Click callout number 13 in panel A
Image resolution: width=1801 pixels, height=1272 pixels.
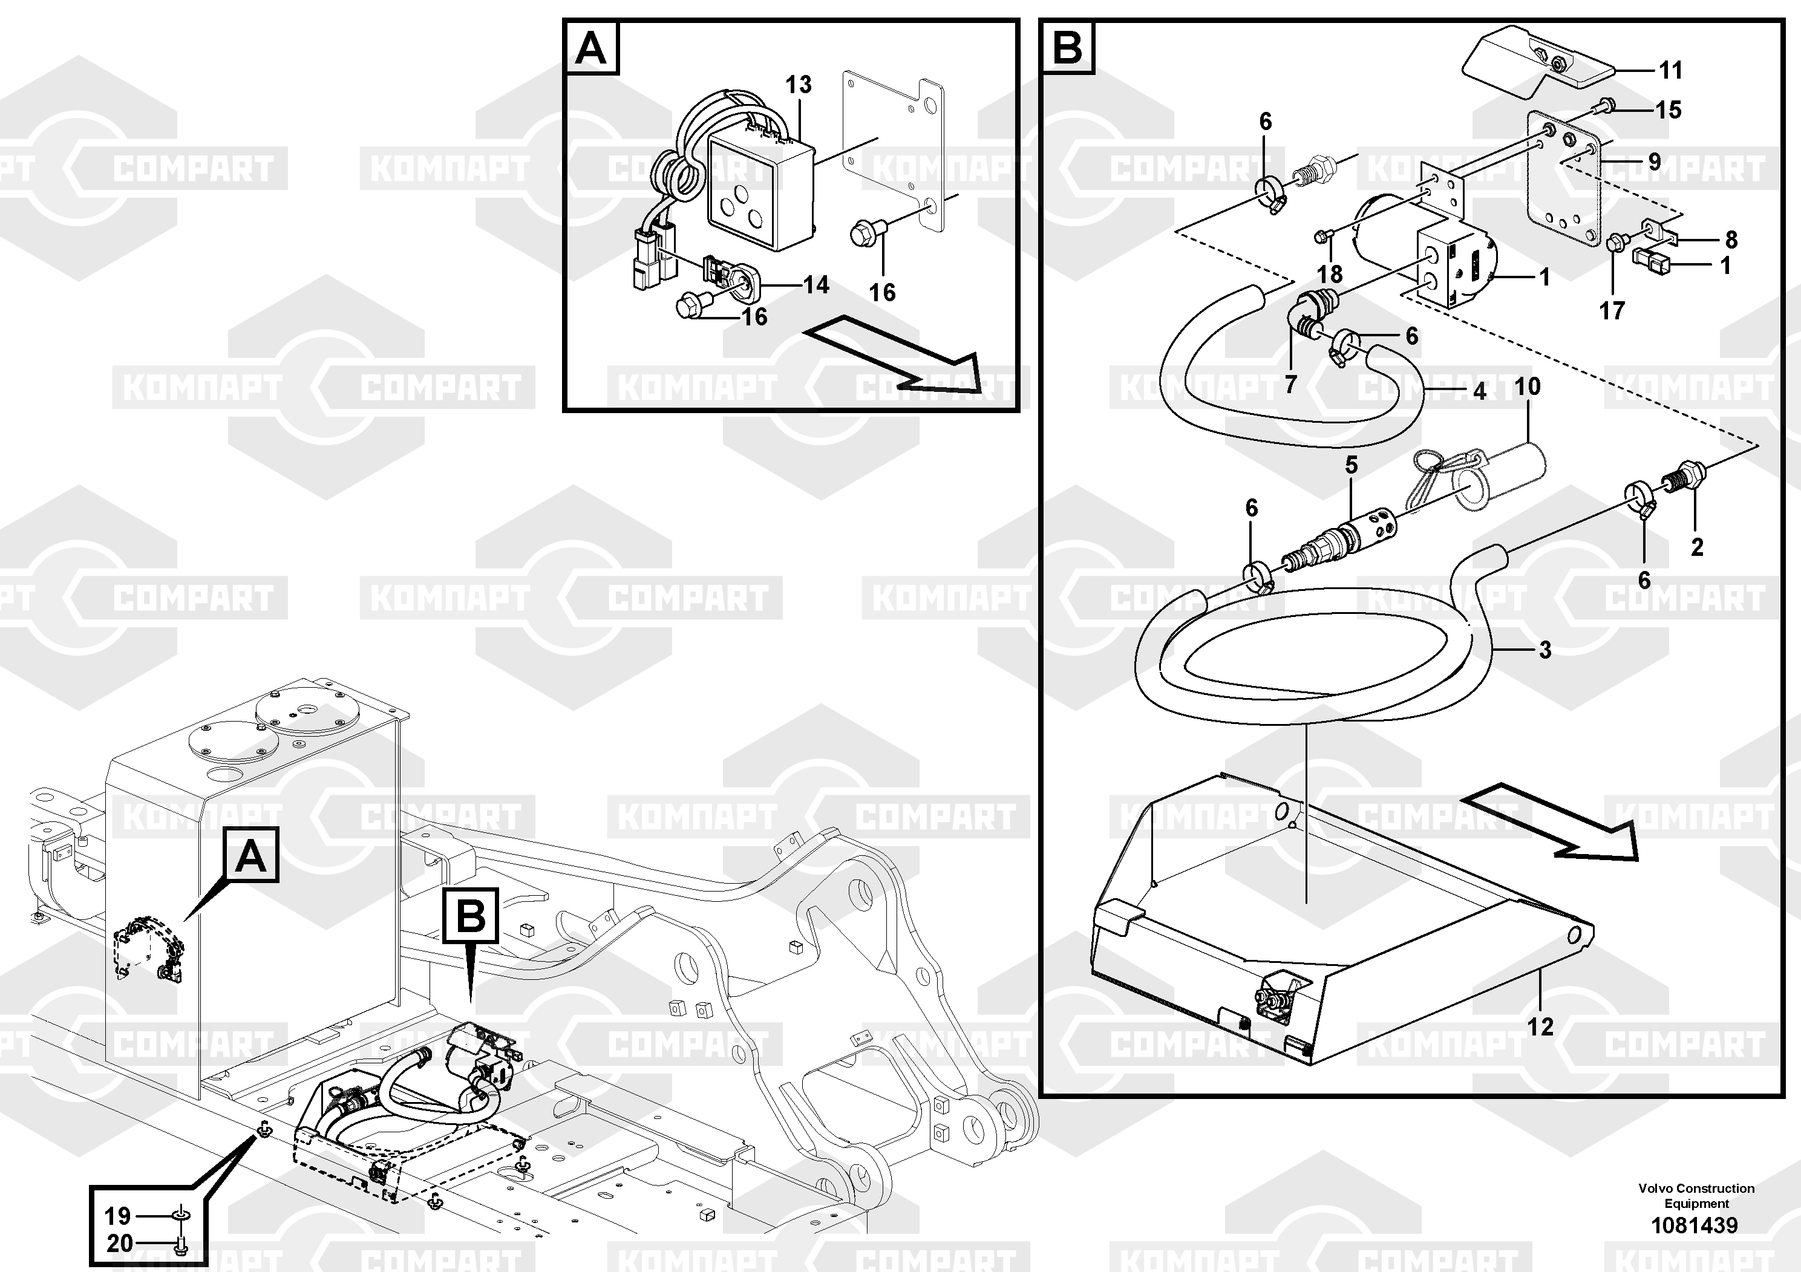coord(799,85)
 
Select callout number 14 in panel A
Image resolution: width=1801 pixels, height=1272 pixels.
coord(815,285)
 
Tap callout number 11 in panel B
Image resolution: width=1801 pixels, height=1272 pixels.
coord(1670,71)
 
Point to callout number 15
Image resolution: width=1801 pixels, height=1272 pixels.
coord(1669,110)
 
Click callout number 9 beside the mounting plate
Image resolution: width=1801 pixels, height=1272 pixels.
coord(1655,161)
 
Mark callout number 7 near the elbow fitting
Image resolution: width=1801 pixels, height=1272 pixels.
coord(1290,383)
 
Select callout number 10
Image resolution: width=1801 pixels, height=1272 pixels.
coord(1526,386)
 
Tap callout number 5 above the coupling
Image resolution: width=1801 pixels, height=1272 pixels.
coord(1351,465)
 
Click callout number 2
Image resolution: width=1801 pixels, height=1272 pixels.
coord(1697,547)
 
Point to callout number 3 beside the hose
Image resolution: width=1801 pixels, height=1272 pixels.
coord(1544,650)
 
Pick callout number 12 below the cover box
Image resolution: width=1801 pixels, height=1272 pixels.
coord(1540,1026)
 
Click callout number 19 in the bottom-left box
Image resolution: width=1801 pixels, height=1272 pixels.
coord(117,1216)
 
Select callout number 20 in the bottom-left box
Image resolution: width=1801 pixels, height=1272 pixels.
coord(119,1243)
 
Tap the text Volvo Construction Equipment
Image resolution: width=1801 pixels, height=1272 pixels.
coord(1696,1196)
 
